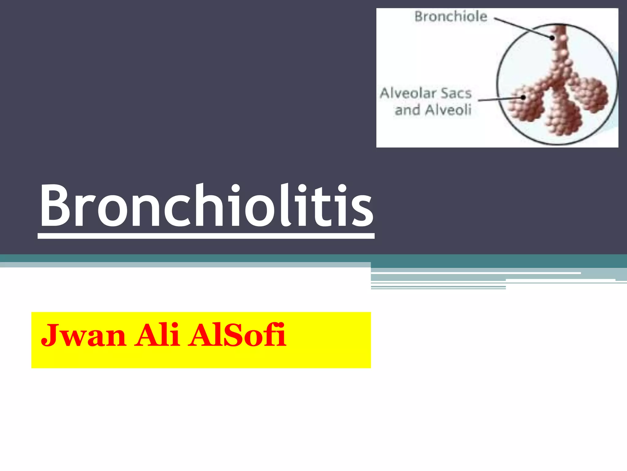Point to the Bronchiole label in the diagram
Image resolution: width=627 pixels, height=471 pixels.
tap(451, 17)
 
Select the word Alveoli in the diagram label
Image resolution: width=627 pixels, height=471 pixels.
tap(448, 110)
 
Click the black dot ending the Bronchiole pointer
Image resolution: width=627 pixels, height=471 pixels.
tap(552, 38)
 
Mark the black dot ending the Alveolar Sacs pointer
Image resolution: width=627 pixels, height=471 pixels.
tap(523, 98)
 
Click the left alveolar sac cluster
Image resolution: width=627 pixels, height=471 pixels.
tap(526, 104)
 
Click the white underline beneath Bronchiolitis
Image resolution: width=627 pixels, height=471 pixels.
tap(206, 236)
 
